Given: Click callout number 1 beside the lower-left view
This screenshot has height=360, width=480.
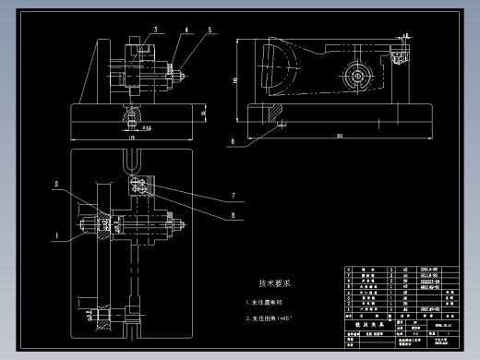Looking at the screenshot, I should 55,236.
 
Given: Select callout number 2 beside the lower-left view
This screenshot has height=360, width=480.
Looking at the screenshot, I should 56,185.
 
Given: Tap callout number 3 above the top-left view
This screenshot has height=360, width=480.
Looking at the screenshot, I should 155,30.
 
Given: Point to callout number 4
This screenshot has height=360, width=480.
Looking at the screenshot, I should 186,30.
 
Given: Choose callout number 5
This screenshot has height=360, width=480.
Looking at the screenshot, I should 210,30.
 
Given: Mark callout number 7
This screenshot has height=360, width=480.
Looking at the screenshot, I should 234,196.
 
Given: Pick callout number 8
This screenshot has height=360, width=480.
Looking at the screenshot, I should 234,215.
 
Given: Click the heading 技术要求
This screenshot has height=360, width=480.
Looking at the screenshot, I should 274,282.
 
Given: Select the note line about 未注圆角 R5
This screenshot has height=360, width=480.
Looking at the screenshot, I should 267,302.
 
